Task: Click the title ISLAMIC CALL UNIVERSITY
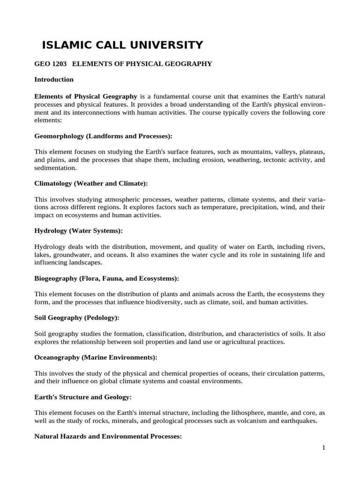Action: click(122, 45)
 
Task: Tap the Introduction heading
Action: click(54, 79)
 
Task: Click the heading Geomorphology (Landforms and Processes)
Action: click(104, 136)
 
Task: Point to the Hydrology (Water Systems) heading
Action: click(78, 231)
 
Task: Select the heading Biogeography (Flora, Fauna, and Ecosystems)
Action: click(107, 278)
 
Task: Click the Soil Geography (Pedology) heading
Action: click(77, 318)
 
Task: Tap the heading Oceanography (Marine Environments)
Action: click(96, 357)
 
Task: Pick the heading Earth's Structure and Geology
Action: click(83, 397)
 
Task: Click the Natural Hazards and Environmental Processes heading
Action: click(108, 436)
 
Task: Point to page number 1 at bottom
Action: click(323, 448)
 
